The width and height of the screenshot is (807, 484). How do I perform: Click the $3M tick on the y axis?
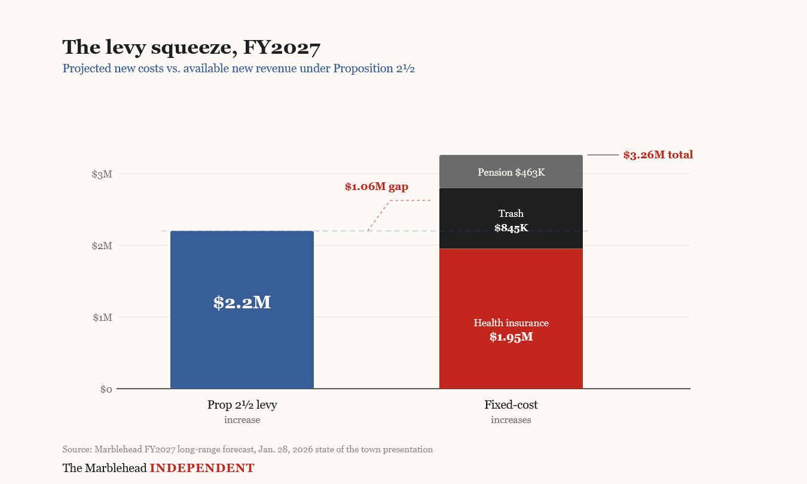click(102, 174)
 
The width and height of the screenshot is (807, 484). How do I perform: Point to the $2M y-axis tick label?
click(102, 246)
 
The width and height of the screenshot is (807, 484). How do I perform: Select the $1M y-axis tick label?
click(102, 317)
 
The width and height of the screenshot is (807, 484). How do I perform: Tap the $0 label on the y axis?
click(106, 390)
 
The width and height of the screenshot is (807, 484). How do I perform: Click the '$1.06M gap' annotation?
click(377, 186)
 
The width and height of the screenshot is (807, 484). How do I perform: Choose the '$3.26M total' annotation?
click(658, 155)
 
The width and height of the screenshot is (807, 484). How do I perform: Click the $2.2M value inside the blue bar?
click(242, 302)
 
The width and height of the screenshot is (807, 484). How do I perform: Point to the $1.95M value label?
click(511, 337)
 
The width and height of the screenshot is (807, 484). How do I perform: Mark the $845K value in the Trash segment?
click(511, 228)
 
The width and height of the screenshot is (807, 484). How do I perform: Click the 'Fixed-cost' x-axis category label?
click(511, 405)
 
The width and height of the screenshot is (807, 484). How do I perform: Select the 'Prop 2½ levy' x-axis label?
click(242, 405)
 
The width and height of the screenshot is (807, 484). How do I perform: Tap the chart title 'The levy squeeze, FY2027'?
click(191, 47)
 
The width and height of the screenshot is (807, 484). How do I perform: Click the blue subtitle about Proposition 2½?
click(239, 68)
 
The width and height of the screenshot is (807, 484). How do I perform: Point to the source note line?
click(247, 449)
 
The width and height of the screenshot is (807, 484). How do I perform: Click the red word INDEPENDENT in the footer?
click(202, 468)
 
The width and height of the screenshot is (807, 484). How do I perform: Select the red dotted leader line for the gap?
click(379, 215)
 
